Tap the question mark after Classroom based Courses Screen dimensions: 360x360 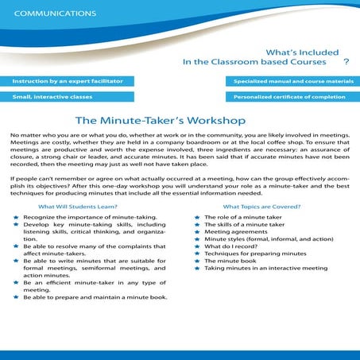click(x=346, y=60)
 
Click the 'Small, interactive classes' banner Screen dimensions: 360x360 click(x=47, y=96)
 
